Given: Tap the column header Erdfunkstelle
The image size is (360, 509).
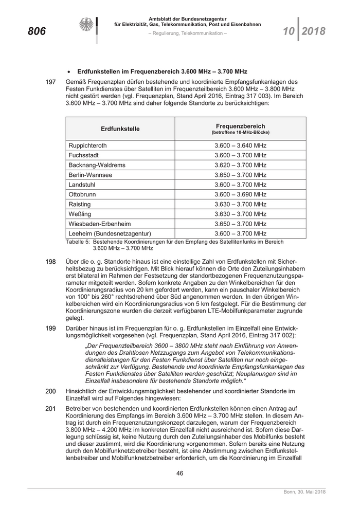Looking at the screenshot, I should pos(120,129).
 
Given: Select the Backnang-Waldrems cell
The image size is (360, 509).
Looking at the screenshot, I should pos(97,165).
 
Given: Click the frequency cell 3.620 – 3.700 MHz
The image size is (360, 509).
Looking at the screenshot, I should pos(241,165).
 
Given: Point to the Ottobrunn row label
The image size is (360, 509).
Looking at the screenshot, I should pos(82,194).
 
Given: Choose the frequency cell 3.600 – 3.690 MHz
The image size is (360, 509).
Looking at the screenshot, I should pos(241,194).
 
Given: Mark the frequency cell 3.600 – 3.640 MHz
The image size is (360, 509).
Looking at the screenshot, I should pos(241,146).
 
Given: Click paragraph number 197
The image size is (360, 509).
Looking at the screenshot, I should pos(50,82).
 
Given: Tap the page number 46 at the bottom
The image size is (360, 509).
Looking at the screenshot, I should pos(180,473).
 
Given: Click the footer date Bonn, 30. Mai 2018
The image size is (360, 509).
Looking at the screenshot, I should pos(305,493).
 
